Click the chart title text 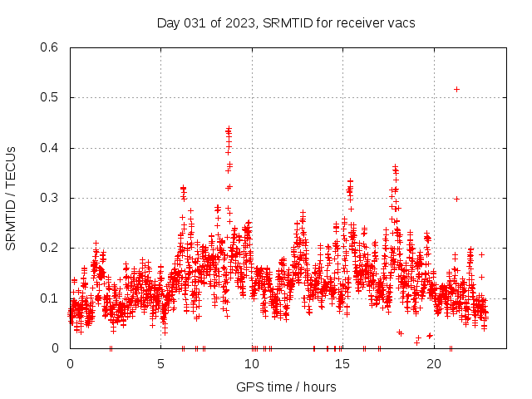(286, 22)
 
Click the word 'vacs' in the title (401, 22)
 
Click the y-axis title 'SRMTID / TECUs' (11, 198)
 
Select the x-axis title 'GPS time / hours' (286, 387)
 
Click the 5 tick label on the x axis (161, 364)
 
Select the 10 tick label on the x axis (252, 364)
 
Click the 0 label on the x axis (70, 364)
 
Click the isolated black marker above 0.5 (456, 89)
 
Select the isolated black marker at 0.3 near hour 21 (456, 199)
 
